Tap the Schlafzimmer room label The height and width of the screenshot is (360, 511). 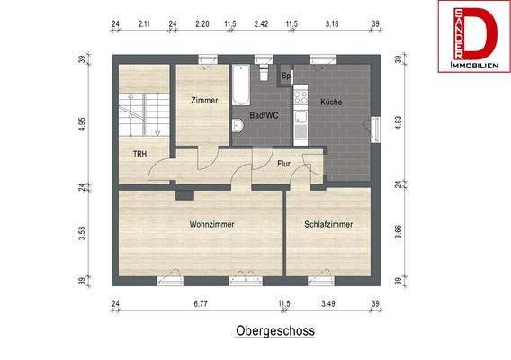point(327,224)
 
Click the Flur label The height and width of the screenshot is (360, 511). point(284,164)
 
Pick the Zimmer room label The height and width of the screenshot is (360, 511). point(204,101)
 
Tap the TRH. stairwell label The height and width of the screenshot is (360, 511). point(140,154)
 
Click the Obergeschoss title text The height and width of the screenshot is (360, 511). point(275,330)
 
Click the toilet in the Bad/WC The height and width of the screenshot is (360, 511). point(237,125)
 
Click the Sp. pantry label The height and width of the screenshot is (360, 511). point(286,76)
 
